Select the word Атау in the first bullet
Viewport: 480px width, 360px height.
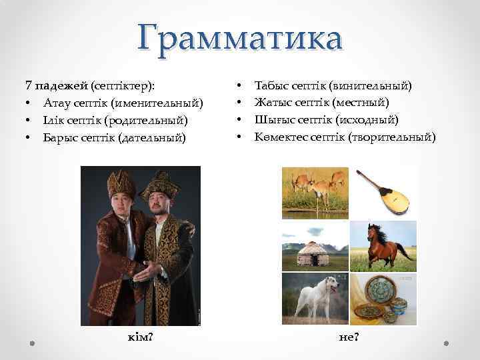coord(55,103)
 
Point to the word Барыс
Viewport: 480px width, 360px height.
coord(58,138)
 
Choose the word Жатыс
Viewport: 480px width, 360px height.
coord(270,103)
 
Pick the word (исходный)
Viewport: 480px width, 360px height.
coord(366,121)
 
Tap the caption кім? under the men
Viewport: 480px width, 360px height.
coord(141,338)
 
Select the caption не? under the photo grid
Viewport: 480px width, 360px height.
coord(349,338)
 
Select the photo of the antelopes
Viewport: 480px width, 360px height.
coord(315,191)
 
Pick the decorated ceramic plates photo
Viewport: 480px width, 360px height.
coord(383,298)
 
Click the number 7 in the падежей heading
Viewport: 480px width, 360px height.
coord(28,86)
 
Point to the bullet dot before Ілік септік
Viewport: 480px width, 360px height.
coord(29,121)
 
